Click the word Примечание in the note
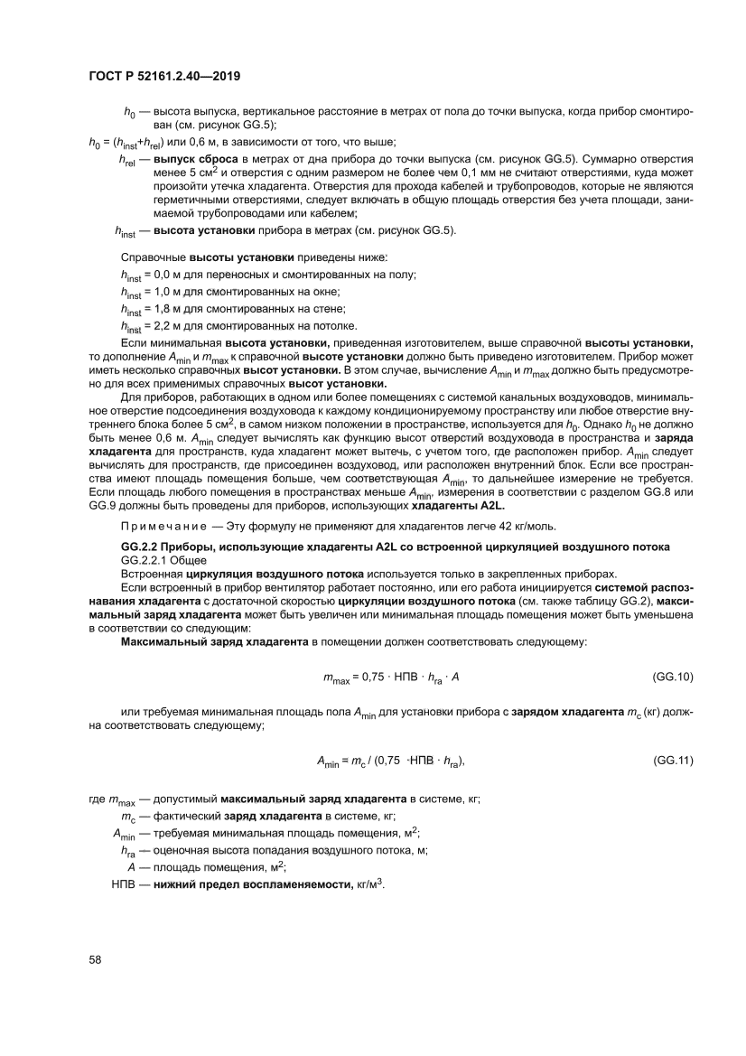tap(158, 527)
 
